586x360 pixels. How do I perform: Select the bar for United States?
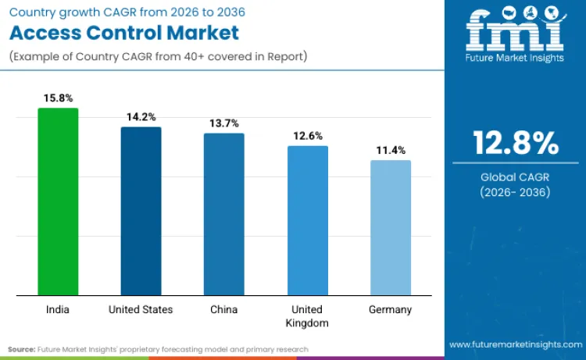(x=141, y=211)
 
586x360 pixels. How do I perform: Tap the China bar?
(x=224, y=214)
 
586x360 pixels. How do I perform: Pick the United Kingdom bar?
(x=307, y=220)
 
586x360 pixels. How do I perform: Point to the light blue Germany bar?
(x=391, y=227)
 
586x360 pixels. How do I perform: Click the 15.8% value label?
(x=58, y=98)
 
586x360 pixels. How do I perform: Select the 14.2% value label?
(x=141, y=117)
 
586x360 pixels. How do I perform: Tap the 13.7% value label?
(x=224, y=123)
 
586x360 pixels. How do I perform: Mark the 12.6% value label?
(x=307, y=136)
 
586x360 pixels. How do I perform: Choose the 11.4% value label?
(x=391, y=150)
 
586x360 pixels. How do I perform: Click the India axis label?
(x=58, y=309)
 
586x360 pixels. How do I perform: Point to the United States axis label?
(x=141, y=309)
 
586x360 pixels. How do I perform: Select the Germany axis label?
(x=391, y=309)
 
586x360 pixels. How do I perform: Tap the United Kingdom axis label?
(x=307, y=315)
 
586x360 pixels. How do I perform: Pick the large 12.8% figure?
(x=516, y=143)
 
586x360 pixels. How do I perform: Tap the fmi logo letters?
(x=516, y=31)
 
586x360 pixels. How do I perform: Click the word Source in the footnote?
(x=23, y=349)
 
